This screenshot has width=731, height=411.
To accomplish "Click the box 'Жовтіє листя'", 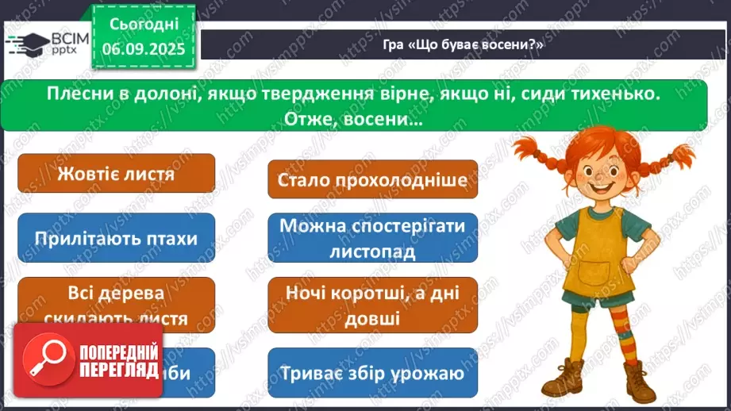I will [x=116, y=174].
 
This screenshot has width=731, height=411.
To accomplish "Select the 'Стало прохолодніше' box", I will [x=372, y=179].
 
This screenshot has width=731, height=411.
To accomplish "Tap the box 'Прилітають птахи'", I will [x=116, y=238].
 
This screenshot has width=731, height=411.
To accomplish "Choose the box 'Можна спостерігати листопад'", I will [x=372, y=238].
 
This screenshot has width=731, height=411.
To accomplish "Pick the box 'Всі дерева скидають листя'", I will [x=116, y=305].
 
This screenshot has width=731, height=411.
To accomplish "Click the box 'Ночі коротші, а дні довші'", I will [x=372, y=305].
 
